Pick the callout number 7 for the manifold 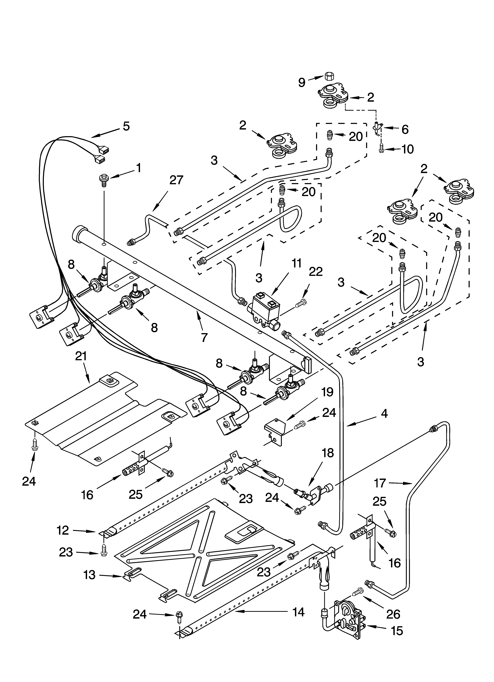coord(204,338)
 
